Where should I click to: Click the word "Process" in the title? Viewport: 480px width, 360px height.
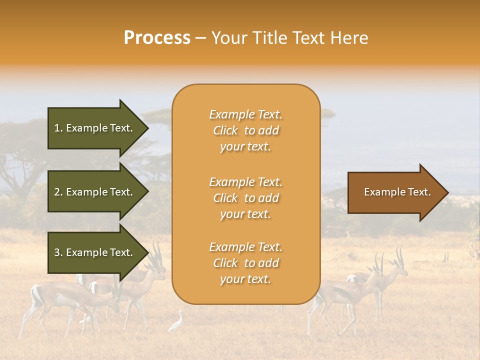coord(157,38)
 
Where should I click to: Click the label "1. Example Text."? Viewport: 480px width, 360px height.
coord(93,128)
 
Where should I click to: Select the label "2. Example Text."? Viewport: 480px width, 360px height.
coord(93,192)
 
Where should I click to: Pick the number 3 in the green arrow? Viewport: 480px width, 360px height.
coord(57,252)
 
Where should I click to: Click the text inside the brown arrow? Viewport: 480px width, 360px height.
coord(397,192)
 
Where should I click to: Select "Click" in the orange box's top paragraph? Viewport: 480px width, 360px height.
coord(225,131)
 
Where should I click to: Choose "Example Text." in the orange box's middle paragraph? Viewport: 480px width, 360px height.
coord(245,182)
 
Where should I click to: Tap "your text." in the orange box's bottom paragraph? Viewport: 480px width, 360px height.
coord(245,279)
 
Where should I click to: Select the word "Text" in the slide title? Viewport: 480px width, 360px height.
coord(311,38)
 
